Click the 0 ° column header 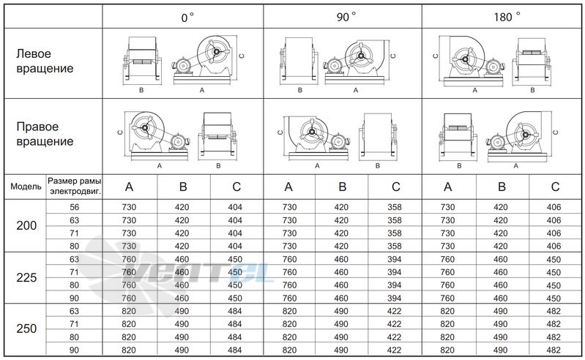click(x=187, y=18)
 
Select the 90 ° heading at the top click(x=346, y=17)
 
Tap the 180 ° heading click(x=507, y=17)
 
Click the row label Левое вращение click(x=45, y=61)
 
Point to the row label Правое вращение click(x=45, y=134)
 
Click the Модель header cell click(x=26, y=187)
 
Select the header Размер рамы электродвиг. click(x=75, y=187)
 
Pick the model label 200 click(x=26, y=225)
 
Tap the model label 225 click(x=26, y=277)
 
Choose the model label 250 click(x=26, y=329)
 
